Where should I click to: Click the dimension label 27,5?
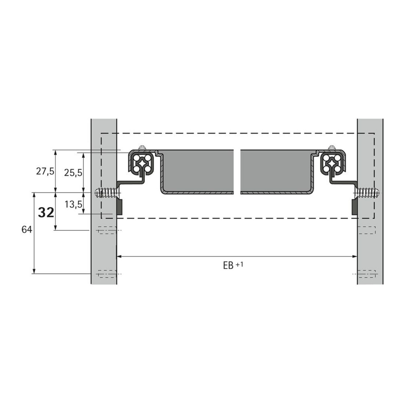coord(45,172)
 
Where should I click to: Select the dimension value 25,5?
coord(73,173)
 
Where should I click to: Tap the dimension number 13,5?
coord(73,205)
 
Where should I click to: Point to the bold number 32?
coord(46,213)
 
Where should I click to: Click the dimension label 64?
coord(27,229)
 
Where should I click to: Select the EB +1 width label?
coord(233,265)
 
